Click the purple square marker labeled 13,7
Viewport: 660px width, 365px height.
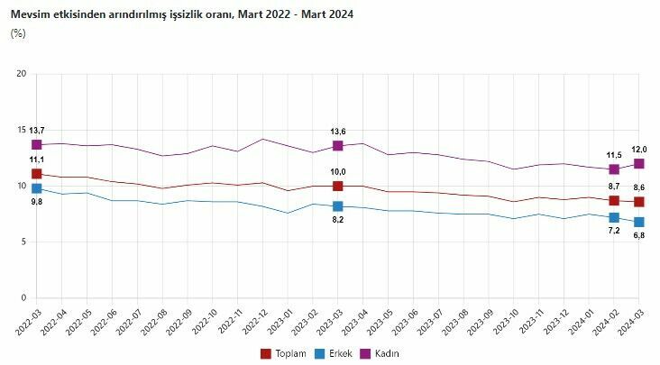[37, 144]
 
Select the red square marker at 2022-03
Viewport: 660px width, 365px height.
[37, 174]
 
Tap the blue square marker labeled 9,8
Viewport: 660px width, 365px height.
[37, 188]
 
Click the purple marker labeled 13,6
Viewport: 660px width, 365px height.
[338, 145]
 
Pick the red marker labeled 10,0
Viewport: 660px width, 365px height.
[338, 186]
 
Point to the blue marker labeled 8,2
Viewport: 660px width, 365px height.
[338, 206]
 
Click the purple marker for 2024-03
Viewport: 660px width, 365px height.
[639, 163]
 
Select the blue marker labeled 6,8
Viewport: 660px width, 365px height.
[639, 222]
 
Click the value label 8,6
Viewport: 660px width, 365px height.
[639, 187]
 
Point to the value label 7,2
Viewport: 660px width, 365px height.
[614, 231]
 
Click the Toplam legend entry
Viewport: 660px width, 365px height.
[284, 352]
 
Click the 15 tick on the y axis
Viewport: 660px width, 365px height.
[22, 130]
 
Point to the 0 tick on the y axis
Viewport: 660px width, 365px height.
[24, 298]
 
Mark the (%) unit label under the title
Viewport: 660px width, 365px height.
[18, 33]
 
